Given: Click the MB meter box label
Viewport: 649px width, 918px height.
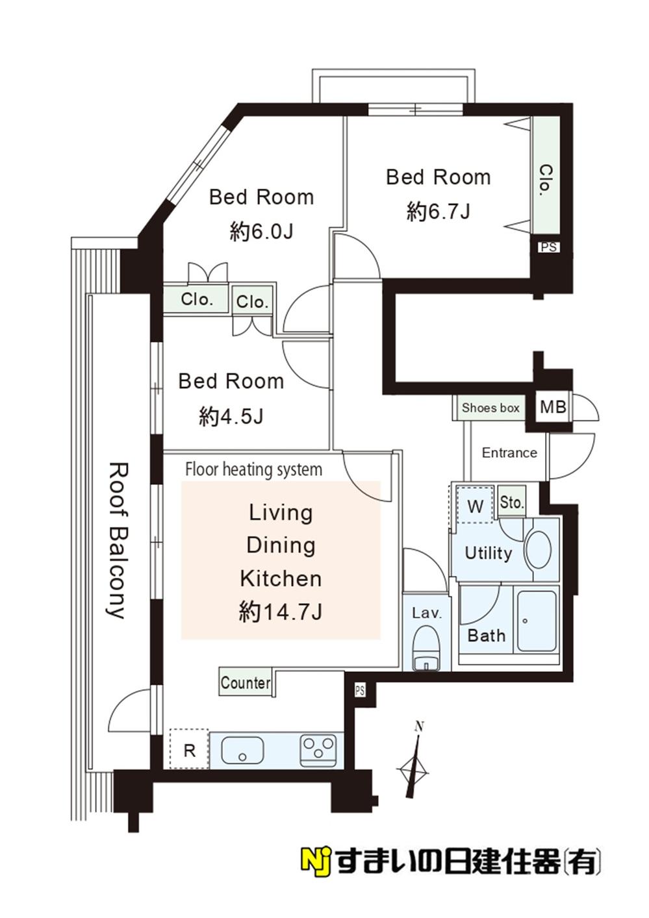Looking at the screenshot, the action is (553, 407).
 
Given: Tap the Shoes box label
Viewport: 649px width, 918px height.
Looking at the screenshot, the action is (490, 408).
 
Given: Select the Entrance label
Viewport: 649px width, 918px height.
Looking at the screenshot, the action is (509, 453).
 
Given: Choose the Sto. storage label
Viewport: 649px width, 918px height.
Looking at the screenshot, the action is (512, 502).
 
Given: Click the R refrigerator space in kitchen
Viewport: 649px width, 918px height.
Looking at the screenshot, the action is (189, 749).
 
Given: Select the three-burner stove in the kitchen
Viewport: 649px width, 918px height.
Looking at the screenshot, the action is (318, 749).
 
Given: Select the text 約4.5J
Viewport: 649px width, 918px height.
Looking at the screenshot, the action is (231, 416).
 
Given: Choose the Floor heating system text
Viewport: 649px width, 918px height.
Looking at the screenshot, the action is (254, 469).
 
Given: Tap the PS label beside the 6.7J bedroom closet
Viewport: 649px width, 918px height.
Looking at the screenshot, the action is (548, 247).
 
